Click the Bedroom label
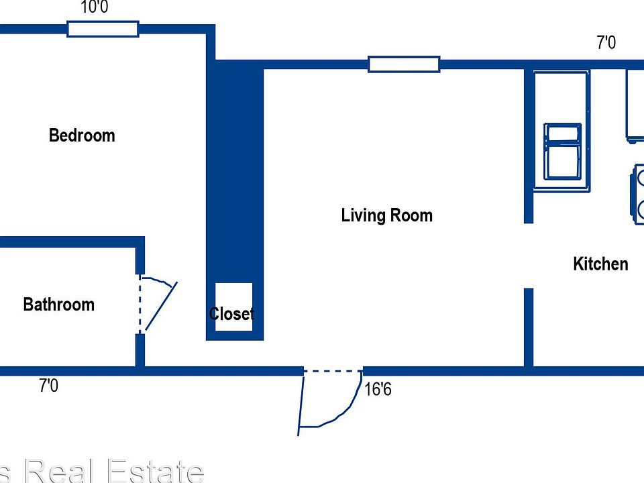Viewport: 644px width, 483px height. pyautogui.click(x=82, y=136)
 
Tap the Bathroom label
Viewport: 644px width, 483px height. pyautogui.click(x=58, y=305)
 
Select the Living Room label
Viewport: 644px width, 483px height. pyautogui.click(x=386, y=215)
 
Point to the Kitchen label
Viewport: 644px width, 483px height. pyautogui.click(x=600, y=264)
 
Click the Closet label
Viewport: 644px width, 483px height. pyautogui.click(x=231, y=313)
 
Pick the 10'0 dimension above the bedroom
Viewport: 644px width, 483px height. pyautogui.click(x=94, y=8)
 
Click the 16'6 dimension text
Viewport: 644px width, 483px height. pyautogui.click(x=378, y=389)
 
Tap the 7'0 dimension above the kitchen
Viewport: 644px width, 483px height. pyautogui.click(x=606, y=43)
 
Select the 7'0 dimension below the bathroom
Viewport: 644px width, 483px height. pyautogui.click(x=48, y=386)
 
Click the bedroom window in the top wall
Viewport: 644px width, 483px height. pyautogui.click(x=103, y=29)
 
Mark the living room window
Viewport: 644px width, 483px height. pyautogui.click(x=404, y=64)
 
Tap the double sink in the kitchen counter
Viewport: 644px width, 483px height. pyautogui.click(x=562, y=151)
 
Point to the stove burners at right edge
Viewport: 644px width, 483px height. pyautogui.click(x=637, y=195)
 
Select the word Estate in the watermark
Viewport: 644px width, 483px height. pyautogui.click(x=154, y=471)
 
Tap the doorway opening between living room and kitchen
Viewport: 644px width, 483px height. pyautogui.click(x=529, y=256)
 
